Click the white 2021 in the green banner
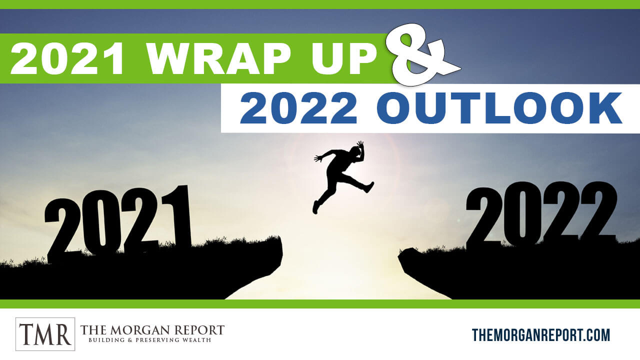pyautogui.click(x=67, y=58)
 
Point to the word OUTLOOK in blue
pyautogui.click(x=499, y=107)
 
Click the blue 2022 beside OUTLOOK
pyautogui.click(x=298, y=107)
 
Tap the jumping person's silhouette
pyautogui.click(x=343, y=177)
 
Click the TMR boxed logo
pyautogui.click(x=45, y=334)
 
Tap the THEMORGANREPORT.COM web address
pyautogui.click(x=541, y=335)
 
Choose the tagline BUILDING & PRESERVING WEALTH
pyautogui.click(x=149, y=340)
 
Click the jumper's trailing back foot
pyautogui.click(x=315, y=207)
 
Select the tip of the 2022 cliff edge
pyautogui.click(x=399, y=255)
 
